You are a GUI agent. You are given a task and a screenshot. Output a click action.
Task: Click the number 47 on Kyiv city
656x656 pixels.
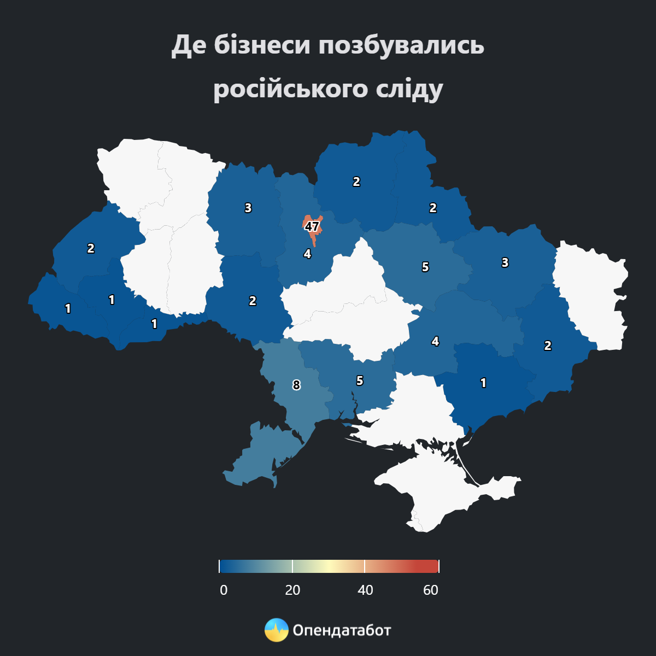tap(312, 226)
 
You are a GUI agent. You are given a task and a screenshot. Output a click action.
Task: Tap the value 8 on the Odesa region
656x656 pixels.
tap(296, 385)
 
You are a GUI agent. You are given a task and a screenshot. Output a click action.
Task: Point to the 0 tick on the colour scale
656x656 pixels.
tap(224, 590)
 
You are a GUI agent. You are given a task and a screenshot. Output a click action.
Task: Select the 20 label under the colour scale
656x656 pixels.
tap(292, 590)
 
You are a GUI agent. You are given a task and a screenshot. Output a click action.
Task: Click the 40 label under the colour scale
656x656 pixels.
tap(365, 590)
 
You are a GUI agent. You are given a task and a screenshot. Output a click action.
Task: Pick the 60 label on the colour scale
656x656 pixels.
tap(431, 590)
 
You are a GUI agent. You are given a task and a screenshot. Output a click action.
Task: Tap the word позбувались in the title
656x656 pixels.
tap(401, 45)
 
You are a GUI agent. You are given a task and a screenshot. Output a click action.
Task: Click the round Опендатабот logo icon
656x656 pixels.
tap(276, 630)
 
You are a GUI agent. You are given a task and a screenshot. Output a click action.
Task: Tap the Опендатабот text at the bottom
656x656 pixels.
tap(342, 630)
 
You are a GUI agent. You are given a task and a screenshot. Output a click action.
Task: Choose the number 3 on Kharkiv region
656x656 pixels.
tap(505, 262)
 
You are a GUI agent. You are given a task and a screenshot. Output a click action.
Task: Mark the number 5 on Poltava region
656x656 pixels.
tap(425, 267)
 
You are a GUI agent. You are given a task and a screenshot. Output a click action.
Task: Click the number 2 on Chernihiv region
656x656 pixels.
tap(356, 182)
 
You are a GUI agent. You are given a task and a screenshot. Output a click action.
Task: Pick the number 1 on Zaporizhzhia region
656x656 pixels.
tap(483, 383)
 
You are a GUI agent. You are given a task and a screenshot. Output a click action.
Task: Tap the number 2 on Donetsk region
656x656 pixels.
tap(547, 345)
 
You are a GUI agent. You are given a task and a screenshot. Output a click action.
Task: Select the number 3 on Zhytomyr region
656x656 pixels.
tap(248, 208)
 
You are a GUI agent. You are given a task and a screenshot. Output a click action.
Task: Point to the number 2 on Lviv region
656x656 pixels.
tap(91, 248)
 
